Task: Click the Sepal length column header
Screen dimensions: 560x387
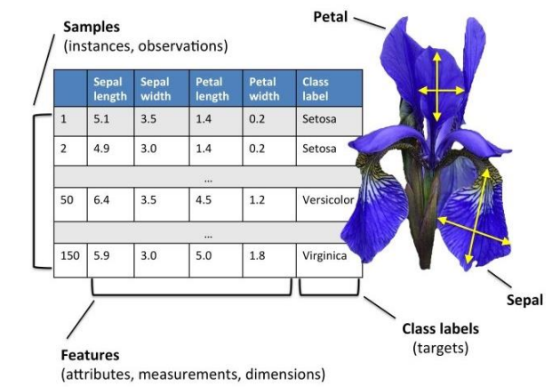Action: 110,89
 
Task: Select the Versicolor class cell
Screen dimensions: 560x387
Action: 328,200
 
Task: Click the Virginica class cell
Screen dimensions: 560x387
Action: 324,256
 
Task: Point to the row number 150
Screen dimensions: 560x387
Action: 69,255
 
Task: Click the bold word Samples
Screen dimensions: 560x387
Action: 92,28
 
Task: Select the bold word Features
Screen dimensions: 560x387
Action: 90,355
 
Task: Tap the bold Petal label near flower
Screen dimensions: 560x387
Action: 331,17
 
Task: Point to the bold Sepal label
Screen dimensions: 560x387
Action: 524,301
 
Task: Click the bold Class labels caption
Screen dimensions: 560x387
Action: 440,329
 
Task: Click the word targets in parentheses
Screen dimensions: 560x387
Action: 440,348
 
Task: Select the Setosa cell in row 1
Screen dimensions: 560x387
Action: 319,118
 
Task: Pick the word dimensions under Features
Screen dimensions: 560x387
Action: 283,375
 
